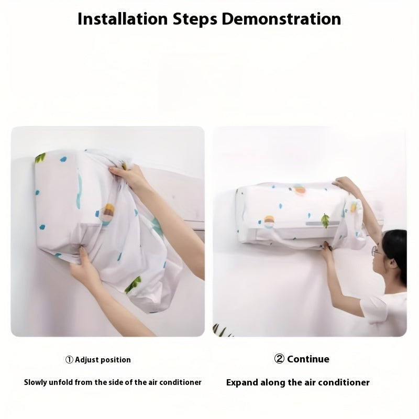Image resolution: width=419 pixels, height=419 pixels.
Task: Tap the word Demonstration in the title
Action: click(281, 19)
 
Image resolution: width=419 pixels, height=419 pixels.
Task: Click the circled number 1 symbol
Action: click(69, 360)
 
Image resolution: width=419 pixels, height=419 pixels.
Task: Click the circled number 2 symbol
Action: click(279, 359)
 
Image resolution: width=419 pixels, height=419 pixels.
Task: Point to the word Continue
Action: click(308, 359)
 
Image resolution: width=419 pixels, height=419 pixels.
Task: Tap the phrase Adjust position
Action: click(103, 360)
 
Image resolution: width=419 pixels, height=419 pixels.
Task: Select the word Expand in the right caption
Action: click(241, 382)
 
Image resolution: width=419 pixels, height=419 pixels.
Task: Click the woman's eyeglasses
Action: click(376, 251)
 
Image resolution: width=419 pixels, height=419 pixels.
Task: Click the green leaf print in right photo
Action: click(325, 220)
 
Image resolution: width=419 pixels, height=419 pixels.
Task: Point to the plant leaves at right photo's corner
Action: click(220, 330)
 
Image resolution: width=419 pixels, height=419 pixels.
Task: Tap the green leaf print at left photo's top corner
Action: click(40, 157)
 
